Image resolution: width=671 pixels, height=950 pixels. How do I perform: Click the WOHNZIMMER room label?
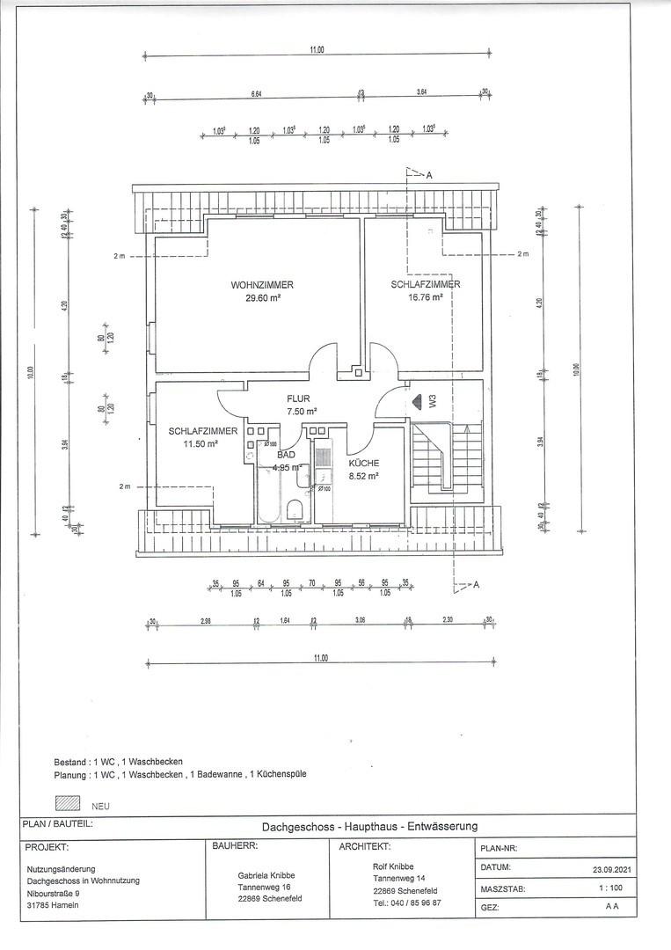coord(262,285)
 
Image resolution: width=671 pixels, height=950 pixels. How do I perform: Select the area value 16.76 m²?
coord(426,297)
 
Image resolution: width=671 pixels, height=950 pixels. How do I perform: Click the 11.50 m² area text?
coord(200,443)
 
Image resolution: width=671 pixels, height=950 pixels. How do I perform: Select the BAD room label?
coord(286,455)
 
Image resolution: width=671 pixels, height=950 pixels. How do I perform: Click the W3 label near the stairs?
coord(432,401)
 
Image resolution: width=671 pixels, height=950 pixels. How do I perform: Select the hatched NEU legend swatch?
coord(68,803)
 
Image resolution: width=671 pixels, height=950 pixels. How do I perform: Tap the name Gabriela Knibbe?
coord(266,875)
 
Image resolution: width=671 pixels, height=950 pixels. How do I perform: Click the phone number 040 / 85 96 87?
coord(407,902)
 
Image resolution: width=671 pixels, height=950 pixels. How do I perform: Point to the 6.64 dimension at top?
coord(256,92)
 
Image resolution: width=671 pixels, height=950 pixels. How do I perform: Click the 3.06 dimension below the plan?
coord(361,621)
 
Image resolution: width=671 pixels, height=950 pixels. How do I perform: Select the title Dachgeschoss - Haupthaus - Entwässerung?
coord(369,826)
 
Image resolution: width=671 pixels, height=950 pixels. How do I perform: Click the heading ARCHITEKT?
coord(364,846)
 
